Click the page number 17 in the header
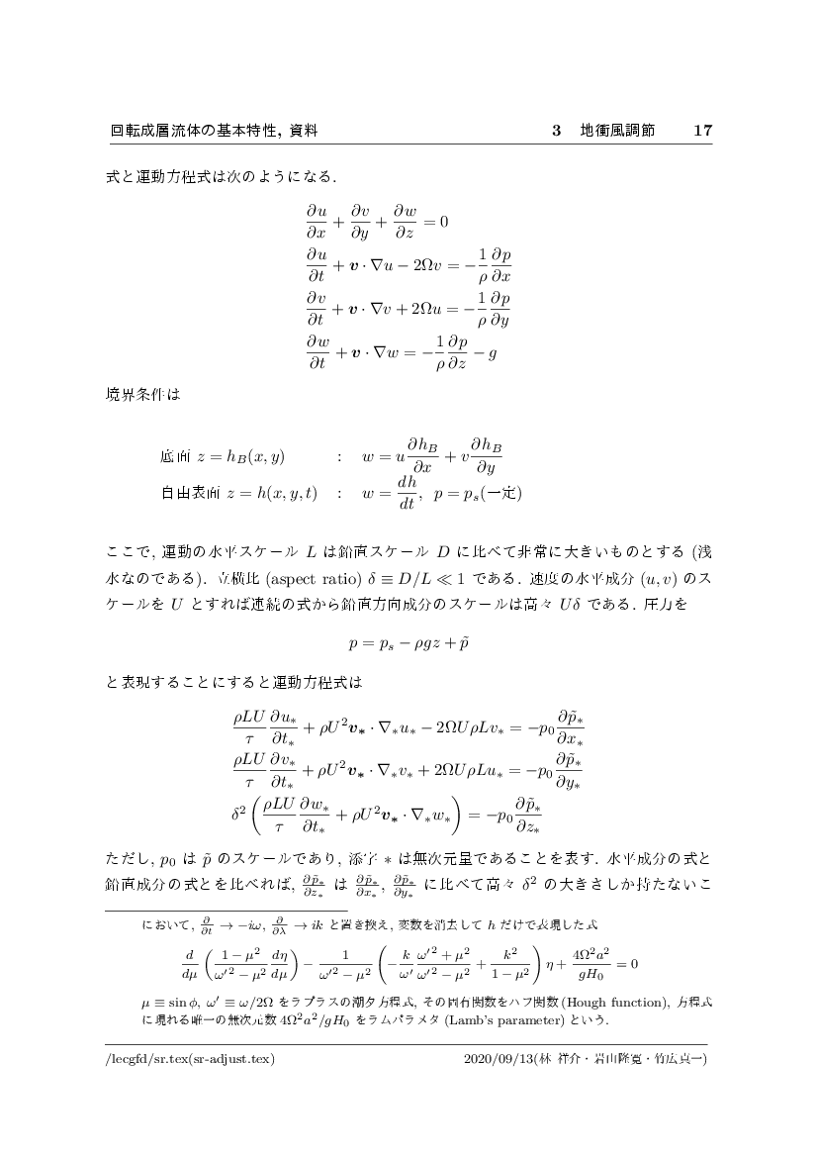tap(703, 131)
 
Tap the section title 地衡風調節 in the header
tap(617, 131)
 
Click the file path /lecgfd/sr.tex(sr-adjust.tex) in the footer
tap(189, 1058)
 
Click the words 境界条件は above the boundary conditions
tap(143, 393)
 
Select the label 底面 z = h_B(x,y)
tap(221, 457)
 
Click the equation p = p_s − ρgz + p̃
tap(408, 642)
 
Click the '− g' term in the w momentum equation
tap(484, 354)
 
